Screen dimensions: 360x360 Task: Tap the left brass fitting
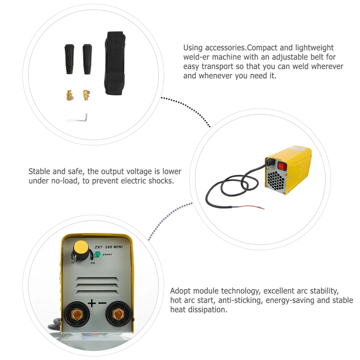(x=69, y=96)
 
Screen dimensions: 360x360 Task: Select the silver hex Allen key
(x=78, y=119)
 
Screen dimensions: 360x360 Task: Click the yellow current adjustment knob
(x=81, y=248)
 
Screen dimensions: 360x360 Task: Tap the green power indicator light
(x=97, y=255)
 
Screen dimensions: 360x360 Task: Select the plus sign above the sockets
(x=92, y=303)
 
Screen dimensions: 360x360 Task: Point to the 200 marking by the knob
(x=93, y=263)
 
